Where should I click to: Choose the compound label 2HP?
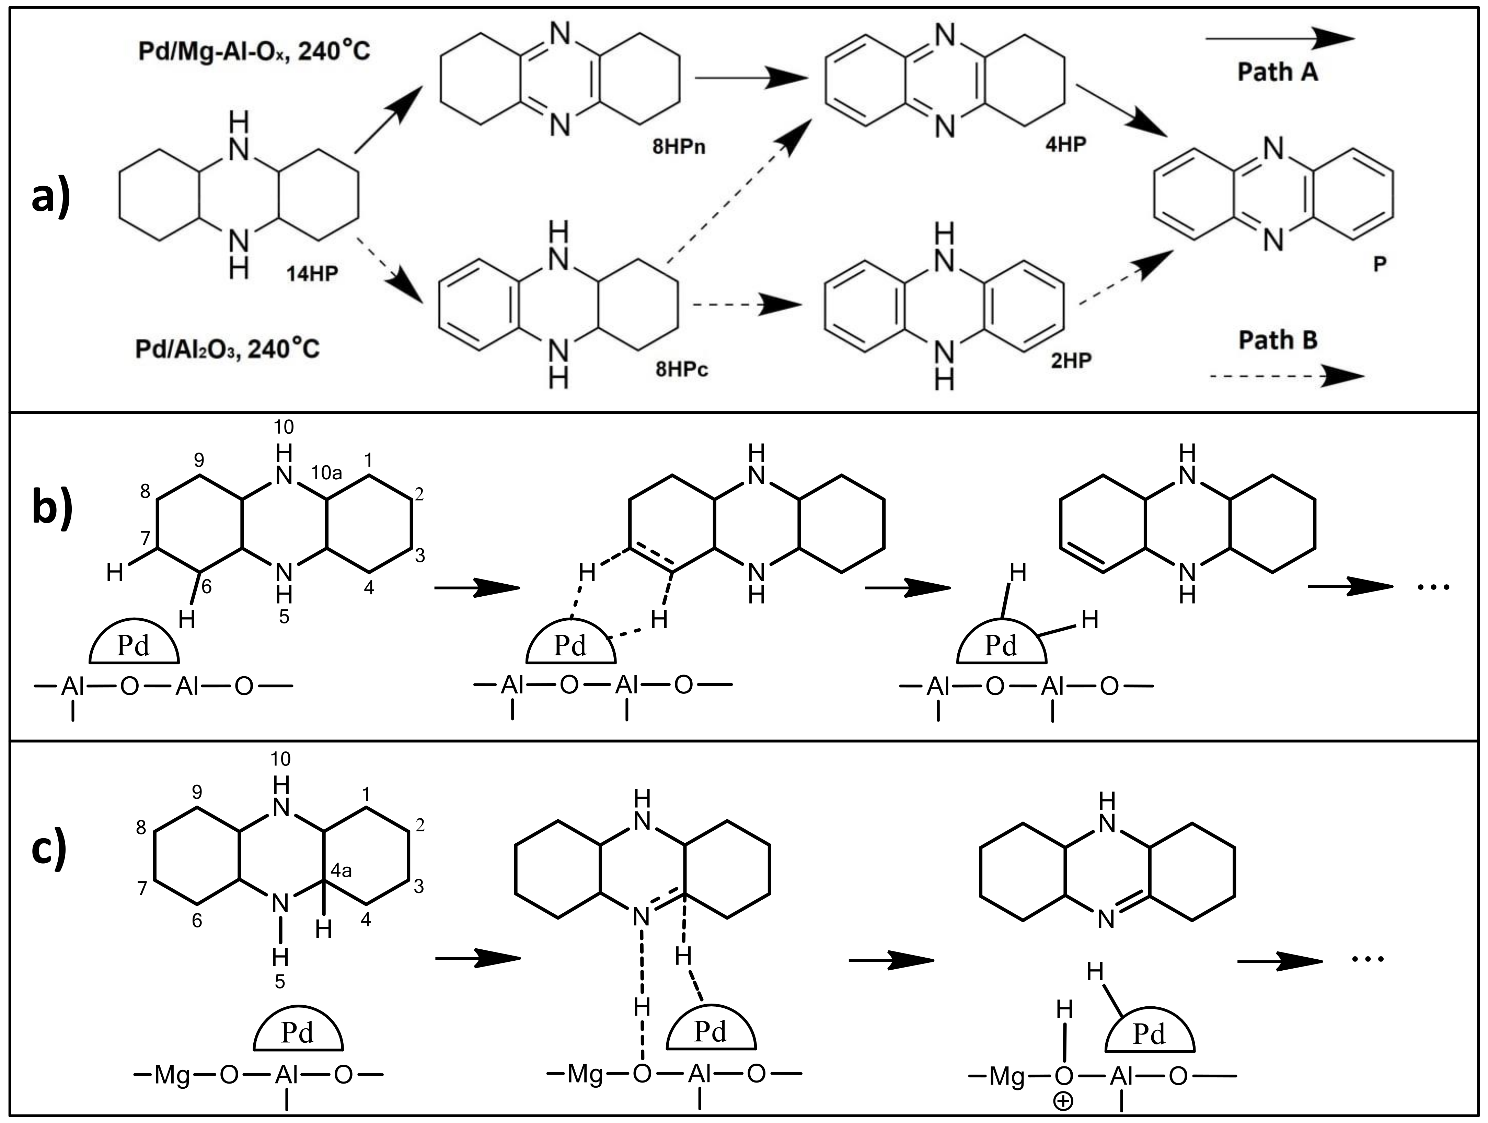pos(1071,360)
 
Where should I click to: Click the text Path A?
pos(1278,71)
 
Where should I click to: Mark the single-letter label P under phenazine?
pos(1379,264)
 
